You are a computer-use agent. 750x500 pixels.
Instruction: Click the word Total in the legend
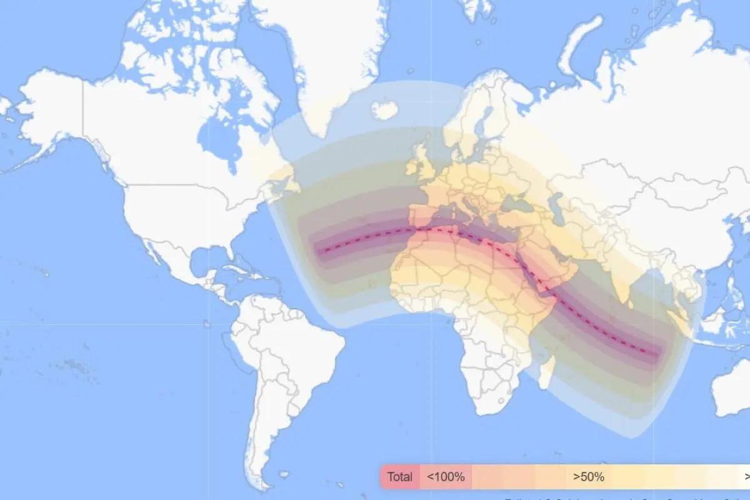click(399, 477)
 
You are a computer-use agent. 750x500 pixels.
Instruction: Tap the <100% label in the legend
click(446, 477)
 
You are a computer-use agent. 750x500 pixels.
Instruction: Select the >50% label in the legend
click(589, 477)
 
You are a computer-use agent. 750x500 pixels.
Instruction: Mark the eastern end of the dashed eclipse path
click(656, 354)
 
